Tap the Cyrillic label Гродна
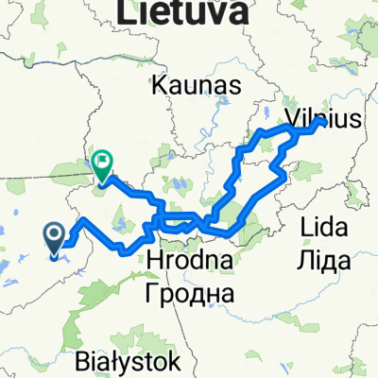[189, 294]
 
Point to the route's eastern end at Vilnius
[323, 121]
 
